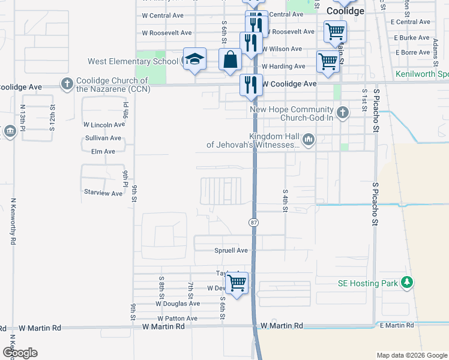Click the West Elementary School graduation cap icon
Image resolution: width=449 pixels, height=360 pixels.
click(x=194, y=59)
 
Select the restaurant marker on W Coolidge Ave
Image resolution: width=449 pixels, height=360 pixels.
click(x=251, y=85)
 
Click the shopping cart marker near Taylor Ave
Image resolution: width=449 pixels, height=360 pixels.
click(x=237, y=281)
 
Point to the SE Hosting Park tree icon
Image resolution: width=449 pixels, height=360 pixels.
click(x=407, y=282)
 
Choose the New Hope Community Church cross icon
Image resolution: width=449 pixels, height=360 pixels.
click(x=342, y=112)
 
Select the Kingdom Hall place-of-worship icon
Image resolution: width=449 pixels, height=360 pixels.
click(x=309, y=140)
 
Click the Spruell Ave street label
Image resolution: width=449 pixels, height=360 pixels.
click(x=231, y=250)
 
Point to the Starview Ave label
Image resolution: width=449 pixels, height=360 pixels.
click(x=103, y=193)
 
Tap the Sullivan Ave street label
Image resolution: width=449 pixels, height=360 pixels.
click(x=103, y=138)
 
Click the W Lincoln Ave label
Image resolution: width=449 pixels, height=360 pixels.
click(x=104, y=125)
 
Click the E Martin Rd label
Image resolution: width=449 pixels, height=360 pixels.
click(x=397, y=325)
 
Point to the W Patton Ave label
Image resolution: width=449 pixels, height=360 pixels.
click(x=177, y=319)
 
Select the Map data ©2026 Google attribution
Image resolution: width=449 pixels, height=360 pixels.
click(x=412, y=355)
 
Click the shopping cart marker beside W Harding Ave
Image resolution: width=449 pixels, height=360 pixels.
click(x=328, y=61)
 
